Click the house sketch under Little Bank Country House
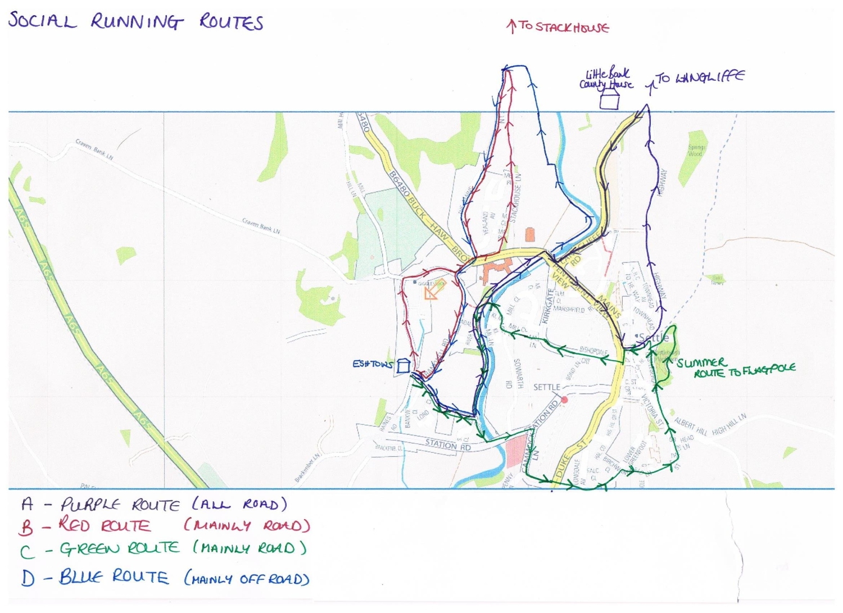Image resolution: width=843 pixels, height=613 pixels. point(609,101)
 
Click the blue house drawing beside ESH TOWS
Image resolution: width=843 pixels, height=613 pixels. point(403,366)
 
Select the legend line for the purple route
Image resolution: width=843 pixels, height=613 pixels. point(154,504)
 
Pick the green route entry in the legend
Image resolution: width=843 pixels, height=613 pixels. point(163,549)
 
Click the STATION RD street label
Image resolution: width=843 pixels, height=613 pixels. point(448,445)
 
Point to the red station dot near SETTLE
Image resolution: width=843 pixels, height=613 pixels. point(565,399)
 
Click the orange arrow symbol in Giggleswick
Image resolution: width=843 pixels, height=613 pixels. point(433,289)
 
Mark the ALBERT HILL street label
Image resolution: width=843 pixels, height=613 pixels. point(691,425)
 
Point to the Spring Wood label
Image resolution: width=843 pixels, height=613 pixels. point(695,151)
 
